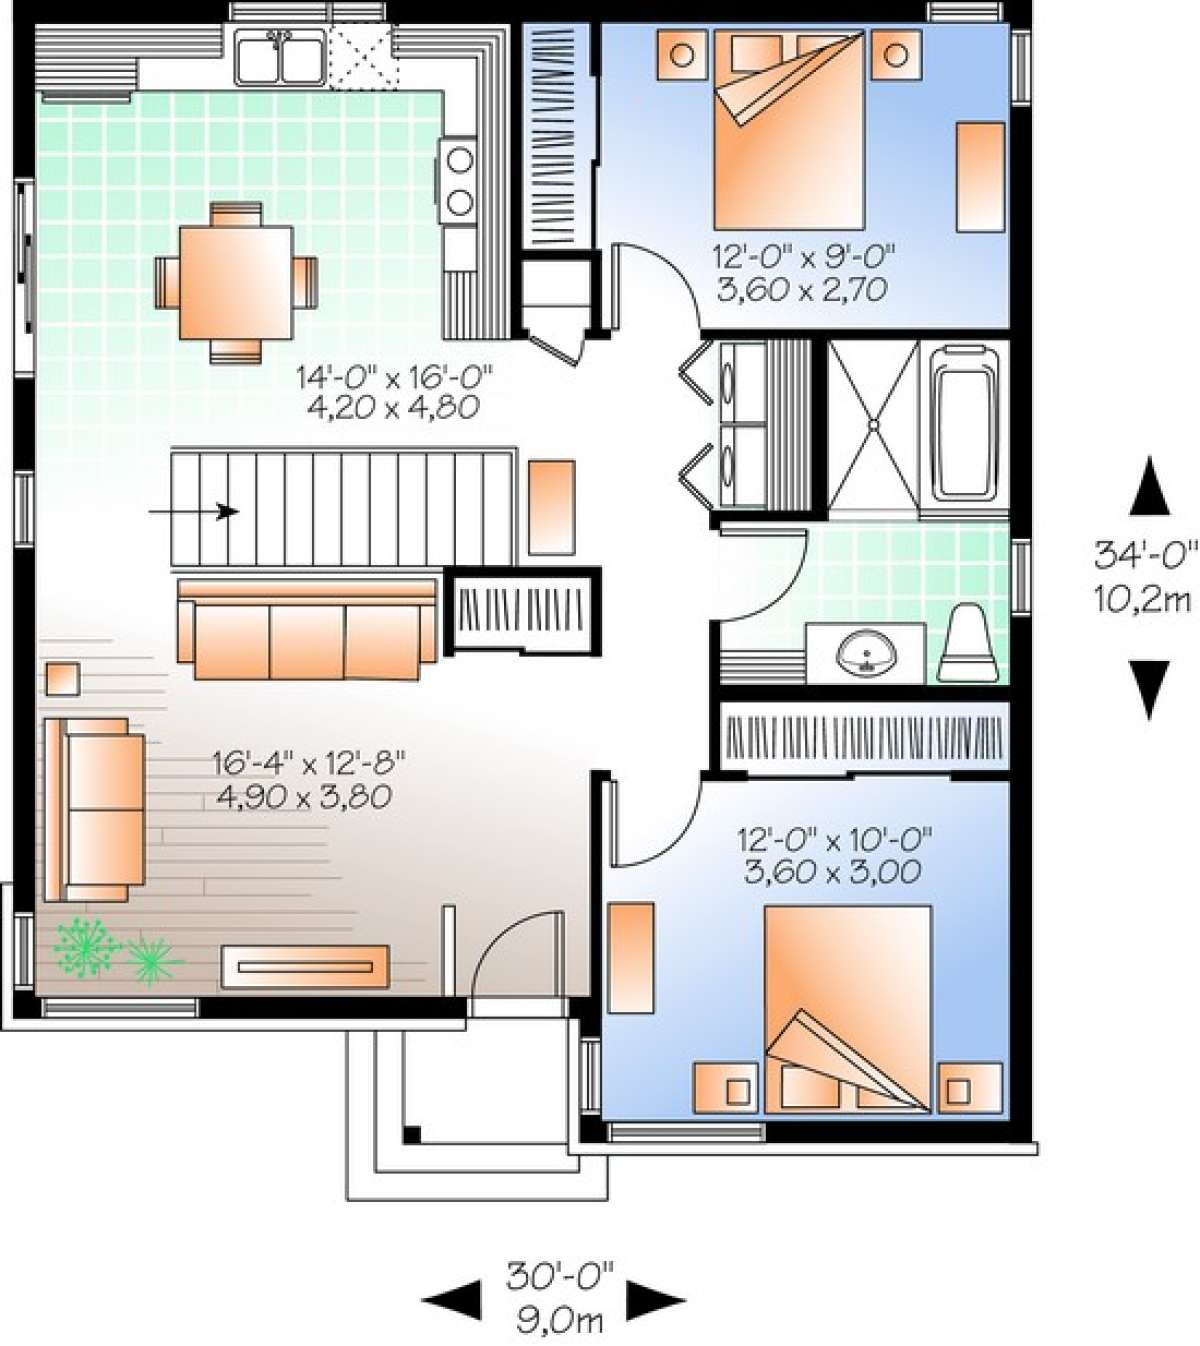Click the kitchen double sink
(x=279, y=57)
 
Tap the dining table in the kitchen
(x=236, y=282)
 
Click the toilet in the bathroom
(x=964, y=645)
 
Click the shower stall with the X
(x=873, y=425)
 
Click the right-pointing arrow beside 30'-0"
(x=656, y=1300)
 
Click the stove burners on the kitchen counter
(x=459, y=180)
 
